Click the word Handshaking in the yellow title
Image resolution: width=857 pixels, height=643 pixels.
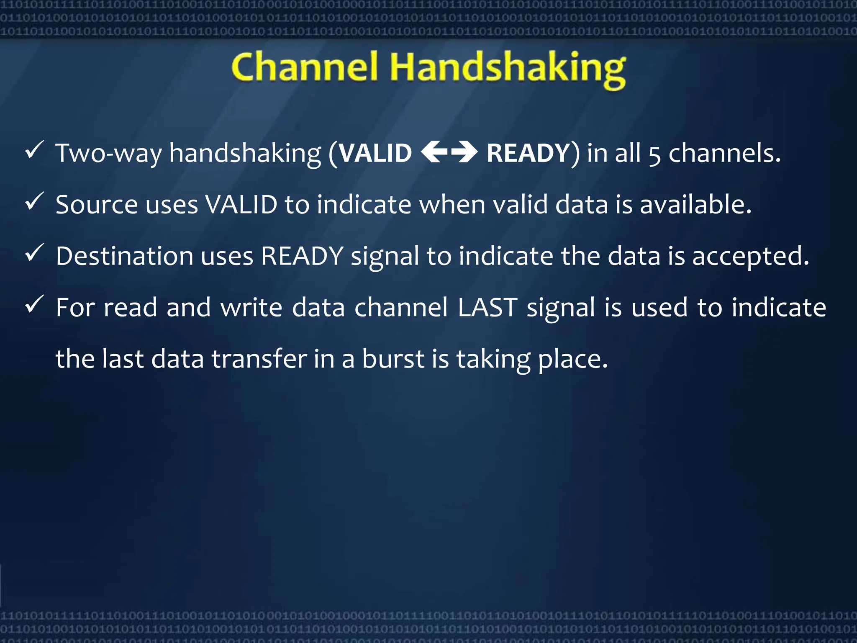pos(508,69)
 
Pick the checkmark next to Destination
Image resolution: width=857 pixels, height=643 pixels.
pos(34,253)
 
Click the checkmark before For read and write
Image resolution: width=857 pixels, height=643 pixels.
pos(34,304)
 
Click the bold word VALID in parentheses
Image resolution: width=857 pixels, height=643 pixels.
pos(375,153)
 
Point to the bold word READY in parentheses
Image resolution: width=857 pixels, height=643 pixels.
pos(528,153)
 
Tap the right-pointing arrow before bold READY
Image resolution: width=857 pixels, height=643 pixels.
pos(465,152)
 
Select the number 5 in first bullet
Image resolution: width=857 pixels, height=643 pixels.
pos(654,155)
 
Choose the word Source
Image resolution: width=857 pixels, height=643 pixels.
pos(97,205)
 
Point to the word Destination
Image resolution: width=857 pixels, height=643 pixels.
pos(124,256)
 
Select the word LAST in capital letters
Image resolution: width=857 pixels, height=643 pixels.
pos(488,308)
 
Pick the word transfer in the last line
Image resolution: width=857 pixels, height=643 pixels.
pos(259,359)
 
